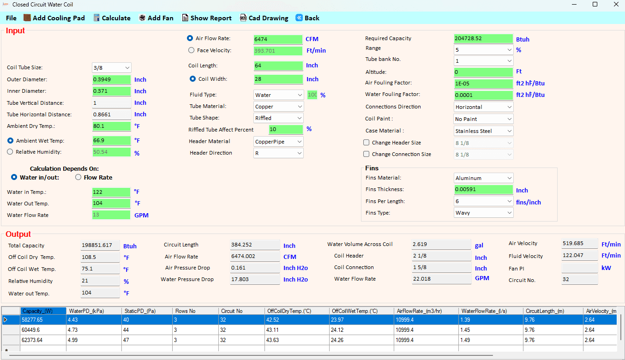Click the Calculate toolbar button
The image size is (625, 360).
pyautogui.click(x=112, y=18)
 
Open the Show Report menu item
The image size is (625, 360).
pyautogui.click(x=207, y=18)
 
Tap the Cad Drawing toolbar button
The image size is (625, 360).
pyautogui.click(x=264, y=18)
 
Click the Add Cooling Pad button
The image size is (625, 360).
pyautogui.click(x=54, y=18)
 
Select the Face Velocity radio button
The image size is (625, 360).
pyautogui.click(x=191, y=50)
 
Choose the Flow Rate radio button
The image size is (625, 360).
pyautogui.click(x=78, y=177)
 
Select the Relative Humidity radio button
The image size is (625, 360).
pyautogui.click(x=10, y=152)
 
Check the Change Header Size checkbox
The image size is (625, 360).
pyautogui.click(x=367, y=143)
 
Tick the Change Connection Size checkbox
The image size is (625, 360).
pyautogui.click(x=367, y=154)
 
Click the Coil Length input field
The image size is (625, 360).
pyautogui.click(x=278, y=66)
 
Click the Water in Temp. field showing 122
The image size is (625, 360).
pyautogui.click(x=111, y=192)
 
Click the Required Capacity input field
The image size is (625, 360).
pyautogui.click(x=483, y=38)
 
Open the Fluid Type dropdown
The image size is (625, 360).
pyautogui.click(x=278, y=95)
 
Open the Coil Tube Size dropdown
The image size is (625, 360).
pyautogui.click(x=112, y=67)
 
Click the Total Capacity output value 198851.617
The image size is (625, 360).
pyautogui.click(x=100, y=245)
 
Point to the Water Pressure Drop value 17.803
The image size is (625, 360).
pyautogui.click(x=255, y=279)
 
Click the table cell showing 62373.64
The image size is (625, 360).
pyautogui.click(x=43, y=340)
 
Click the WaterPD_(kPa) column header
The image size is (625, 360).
pyautogui.click(x=94, y=311)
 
